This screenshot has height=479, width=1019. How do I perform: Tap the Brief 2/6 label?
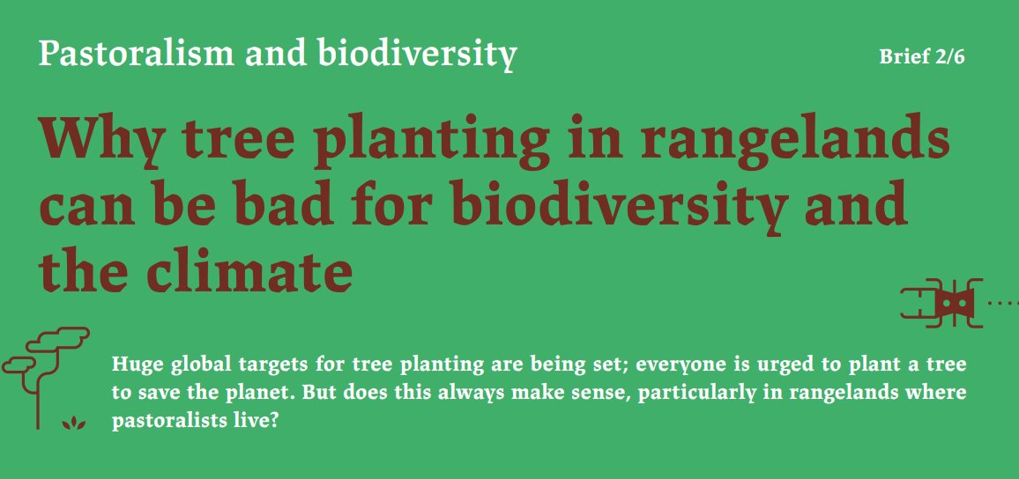pos(922,58)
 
